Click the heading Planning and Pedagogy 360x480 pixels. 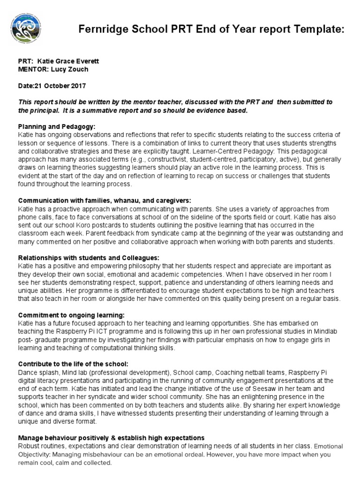point(57,127)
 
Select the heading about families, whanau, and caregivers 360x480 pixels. point(98,201)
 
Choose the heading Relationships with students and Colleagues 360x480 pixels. point(89,258)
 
